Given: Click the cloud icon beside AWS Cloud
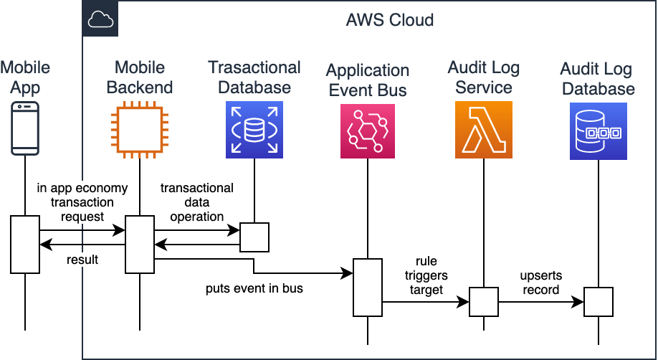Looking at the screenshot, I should [x=100, y=19].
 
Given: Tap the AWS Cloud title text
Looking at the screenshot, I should [x=389, y=19].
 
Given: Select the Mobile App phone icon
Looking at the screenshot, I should [x=25, y=129].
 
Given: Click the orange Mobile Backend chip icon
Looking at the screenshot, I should [x=140, y=129].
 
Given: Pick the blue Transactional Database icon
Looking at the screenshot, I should [x=254, y=129].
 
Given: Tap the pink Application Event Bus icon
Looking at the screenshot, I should [x=368, y=129].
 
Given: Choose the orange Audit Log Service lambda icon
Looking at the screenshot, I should [x=484, y=129].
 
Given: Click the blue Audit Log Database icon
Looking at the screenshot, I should [x=599, y=129].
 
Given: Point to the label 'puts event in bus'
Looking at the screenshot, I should [x=254, y=289].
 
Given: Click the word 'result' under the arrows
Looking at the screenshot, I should [x=82, y=260].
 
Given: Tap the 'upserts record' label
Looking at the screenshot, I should [x=541, y=283].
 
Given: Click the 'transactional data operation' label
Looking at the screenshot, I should [x=196, y=202].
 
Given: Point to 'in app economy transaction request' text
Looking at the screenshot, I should [x=82, y=202].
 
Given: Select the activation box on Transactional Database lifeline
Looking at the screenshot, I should [x=254, y=237].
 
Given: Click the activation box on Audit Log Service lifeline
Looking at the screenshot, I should [x=484, y=301].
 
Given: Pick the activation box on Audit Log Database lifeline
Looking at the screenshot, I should [x=599, y=301].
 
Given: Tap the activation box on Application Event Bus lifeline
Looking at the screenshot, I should [x=368, y=287].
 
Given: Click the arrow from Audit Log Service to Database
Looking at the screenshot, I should [x=541, y=302].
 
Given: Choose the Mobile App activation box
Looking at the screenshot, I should [x=25, y=244].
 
